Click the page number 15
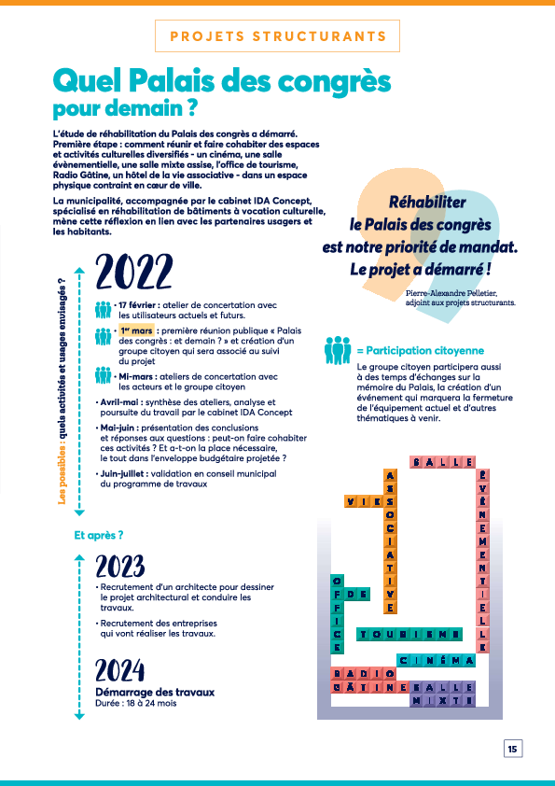coord(512,749)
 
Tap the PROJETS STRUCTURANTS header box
coord(278,36)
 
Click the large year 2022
coord(134,272)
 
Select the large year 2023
coord(120,567)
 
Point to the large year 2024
coord(120,670)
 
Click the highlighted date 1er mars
coord(136,330)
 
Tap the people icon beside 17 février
coord(104,310)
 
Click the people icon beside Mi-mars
coord(104,375)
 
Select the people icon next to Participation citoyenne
coord(338,350)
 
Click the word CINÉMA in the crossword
coord(436,660)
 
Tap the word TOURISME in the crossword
coord(409,634)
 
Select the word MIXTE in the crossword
coord(442,700)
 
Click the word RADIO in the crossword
coord(364,673)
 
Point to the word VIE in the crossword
coord(364,500)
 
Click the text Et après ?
coord(99,536)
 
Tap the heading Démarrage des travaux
coord(155,693)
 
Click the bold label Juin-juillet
coord(124,473)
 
